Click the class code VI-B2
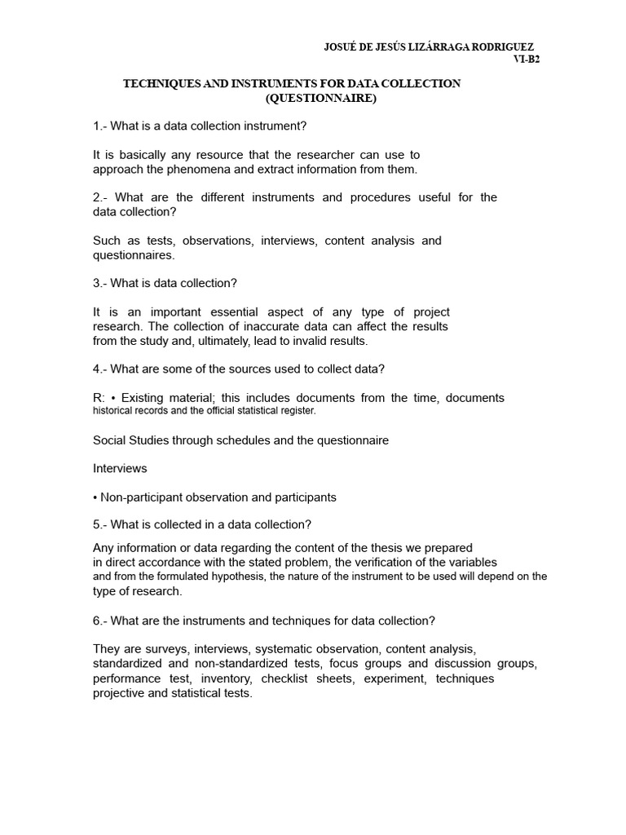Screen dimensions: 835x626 (x=526, y=60)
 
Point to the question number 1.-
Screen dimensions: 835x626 (x=100, y=126)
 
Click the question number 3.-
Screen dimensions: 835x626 (x=100, y=283)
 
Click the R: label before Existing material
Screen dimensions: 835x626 (x=99, y=398)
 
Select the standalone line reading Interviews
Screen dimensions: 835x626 (x=120, y=469)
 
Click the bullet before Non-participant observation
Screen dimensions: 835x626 (x=95, y=497)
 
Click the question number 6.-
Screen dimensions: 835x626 (x=100, y=621)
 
